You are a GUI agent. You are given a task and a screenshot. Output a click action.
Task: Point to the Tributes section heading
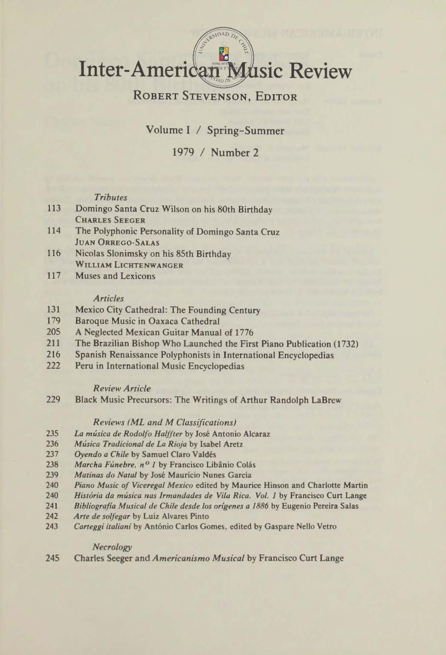coord(110,198)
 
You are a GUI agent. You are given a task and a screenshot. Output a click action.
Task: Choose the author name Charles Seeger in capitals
coord(110,221)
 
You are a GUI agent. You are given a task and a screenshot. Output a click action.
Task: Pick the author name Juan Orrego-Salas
coord(117,243)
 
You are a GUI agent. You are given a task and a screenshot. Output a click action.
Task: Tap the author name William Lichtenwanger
coord(129,265)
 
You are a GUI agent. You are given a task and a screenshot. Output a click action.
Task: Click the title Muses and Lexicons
coord(115,276)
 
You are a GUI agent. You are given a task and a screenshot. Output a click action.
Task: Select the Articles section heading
coord(109,299)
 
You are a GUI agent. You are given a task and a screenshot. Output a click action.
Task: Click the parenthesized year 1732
coord(344,344)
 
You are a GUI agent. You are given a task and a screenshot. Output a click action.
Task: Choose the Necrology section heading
coord(112,547)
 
